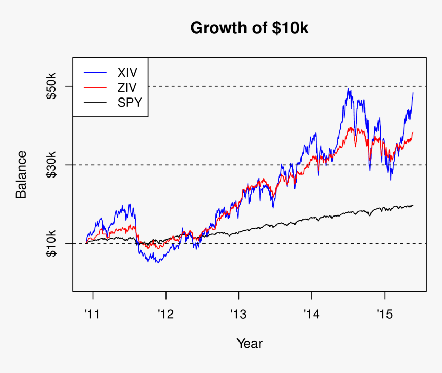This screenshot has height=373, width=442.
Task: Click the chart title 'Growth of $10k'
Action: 249,28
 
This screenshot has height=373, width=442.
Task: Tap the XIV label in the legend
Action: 128,72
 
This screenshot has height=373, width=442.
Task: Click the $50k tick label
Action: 52,86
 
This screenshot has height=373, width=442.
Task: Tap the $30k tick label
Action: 52,165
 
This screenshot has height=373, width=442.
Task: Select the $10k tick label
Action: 52,244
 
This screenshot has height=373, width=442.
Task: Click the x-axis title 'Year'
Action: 249,343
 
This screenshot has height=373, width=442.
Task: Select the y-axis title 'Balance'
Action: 21,174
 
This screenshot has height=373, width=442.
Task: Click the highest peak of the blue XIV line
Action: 349,89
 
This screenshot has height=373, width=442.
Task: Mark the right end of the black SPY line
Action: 413,205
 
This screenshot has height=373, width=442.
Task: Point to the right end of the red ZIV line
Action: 413,132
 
